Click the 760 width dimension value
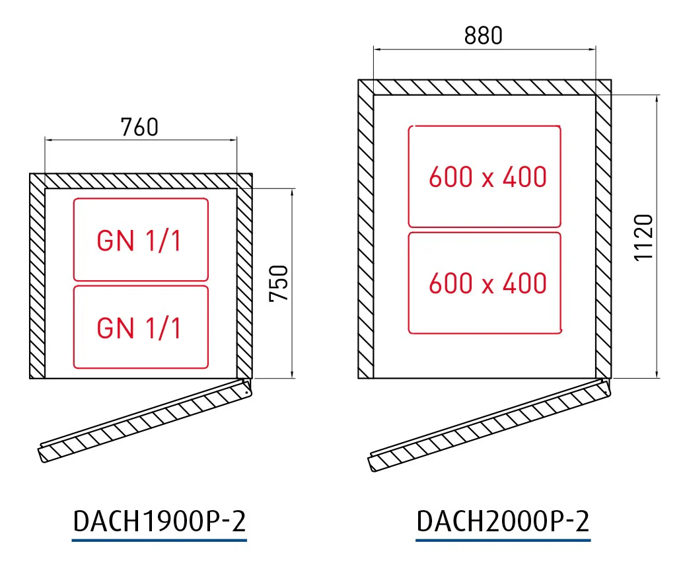pyautogui.click(x=139, y=127)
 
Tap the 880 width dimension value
pyautogui.click(x=483, y=36)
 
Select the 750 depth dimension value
pyautogui.click(x=279, y=283)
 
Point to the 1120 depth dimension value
pyautogui.click(x=643, y=238)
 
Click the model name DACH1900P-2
pyautogui.click(x=159, y=521)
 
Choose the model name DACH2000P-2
pyautogui.click(x=503, y=521)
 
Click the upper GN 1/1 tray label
pyautogui.click(x=139, y=241)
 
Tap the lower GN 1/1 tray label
pyautogui.click(x=139, y=328)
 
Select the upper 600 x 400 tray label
pyautogui.click(x=487, y=177)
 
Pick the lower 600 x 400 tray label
pyautogui.click(x=487, y=283)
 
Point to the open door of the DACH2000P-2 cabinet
pyautogui.click(x=489, y=426)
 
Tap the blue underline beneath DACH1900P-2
pyautogui.click(x=159, y=541)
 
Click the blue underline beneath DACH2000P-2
pyautogui.click(x=503, y=541)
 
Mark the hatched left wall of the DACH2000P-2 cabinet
pyautogui.click(x=366, y=236)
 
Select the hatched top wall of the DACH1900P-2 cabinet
pyautogui.click(x=141, y=181)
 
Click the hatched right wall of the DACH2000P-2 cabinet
pyautogui.click(x=604, y=236)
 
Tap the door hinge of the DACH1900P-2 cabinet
pyautogui.click(x=247, y=387)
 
